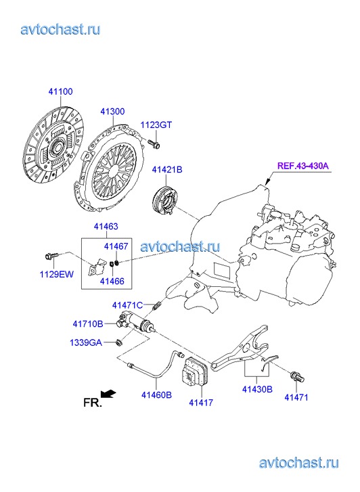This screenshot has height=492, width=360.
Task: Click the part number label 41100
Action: (60, 91)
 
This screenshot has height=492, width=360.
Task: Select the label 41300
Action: (112, 112)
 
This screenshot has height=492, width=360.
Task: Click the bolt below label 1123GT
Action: (154, 143)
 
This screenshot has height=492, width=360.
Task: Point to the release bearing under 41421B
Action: (164, 200)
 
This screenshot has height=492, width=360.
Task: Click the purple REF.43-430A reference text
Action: (303, 165)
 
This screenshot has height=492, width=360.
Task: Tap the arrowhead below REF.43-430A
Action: (267, 182)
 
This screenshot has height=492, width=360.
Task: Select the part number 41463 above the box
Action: (106, 226)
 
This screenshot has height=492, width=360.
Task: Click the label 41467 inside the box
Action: (116, 246)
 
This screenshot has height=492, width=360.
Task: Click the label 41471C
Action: (127, 305)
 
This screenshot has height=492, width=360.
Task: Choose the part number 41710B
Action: (87, 323)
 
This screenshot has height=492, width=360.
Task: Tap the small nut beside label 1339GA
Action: (119, 342)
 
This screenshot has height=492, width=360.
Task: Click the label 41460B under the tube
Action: (156, 395)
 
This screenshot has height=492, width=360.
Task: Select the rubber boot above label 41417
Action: (195, 374)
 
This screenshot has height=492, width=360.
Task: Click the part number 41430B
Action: (257, 389)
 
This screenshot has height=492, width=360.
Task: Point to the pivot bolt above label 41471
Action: (296, 376)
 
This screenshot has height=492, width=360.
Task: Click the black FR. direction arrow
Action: (108, 394)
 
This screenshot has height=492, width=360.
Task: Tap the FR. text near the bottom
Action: (93, 403)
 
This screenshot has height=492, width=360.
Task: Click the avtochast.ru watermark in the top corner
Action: (60, 29)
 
